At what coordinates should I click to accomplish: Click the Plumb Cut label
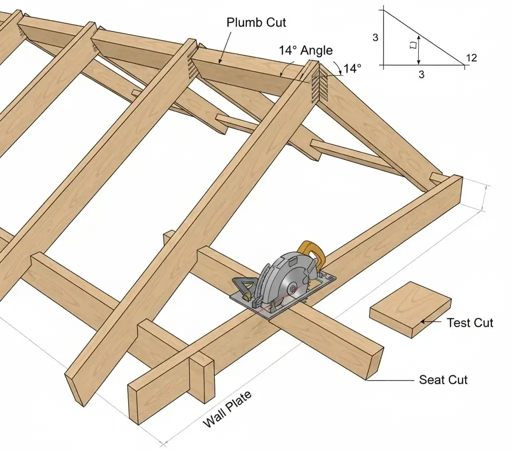256,23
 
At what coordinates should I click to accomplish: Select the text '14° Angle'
305,50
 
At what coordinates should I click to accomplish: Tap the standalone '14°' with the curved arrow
352,69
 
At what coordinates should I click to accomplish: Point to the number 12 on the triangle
471,58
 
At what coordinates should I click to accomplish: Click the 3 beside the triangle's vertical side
376,37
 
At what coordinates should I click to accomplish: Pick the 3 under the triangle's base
421,75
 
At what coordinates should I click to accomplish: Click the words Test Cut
469,323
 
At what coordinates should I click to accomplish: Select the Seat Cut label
443,380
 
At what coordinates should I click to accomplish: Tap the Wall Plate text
227,409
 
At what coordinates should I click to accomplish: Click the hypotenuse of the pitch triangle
423,37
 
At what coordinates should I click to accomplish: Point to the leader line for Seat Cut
391,380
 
